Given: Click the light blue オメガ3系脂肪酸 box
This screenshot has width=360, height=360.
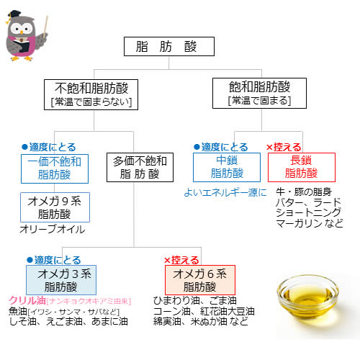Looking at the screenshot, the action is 61,280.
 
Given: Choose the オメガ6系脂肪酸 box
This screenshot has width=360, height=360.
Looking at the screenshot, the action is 200,280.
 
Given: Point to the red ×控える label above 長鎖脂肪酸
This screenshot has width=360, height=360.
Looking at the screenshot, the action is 284,147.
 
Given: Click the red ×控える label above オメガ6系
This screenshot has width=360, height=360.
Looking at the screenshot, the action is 181,260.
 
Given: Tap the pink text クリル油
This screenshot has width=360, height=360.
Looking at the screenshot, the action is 27,300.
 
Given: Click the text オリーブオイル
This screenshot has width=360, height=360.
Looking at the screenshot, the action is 53,229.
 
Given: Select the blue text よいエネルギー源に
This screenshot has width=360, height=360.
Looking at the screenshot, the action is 225,192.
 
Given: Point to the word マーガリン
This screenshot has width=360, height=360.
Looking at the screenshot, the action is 299,223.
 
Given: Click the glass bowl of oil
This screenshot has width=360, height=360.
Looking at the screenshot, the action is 308,297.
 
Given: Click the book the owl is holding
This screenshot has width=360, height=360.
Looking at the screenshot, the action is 22,46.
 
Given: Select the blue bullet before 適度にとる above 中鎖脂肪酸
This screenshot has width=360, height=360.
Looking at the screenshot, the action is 197,147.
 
